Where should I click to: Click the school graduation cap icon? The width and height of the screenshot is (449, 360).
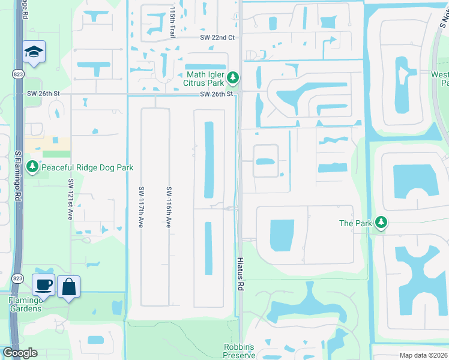pyautogui.click(x=34, y=52)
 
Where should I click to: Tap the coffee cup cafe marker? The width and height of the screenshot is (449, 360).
pyautogui.click(x=44, y=285)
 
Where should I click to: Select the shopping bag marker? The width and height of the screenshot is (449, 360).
pyautogui.click(x=68, y=286)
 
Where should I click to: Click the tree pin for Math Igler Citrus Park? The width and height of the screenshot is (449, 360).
pyautogui.click(x=233, y=78)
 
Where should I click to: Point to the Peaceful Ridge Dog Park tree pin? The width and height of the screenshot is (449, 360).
pyautogui.click(x=31, y=167)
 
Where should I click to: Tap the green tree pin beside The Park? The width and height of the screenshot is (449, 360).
pyautogui.click(x=381, y=223)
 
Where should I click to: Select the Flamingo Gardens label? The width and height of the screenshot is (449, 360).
pyautogui.click(x=25, y=304)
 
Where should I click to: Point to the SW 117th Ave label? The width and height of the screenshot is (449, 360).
pyautogui.click(x=141, y=206)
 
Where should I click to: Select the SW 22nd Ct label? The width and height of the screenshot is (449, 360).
pyautogui.click(x=217, y=37)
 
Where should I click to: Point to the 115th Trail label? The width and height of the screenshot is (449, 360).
pyautogui.click(x=172, y=23)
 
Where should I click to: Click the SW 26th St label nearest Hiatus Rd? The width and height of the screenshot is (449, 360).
pyautogui.click(x=215, y=94)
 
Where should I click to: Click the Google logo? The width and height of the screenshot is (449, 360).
pyautogui.click(x=19, y=353)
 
